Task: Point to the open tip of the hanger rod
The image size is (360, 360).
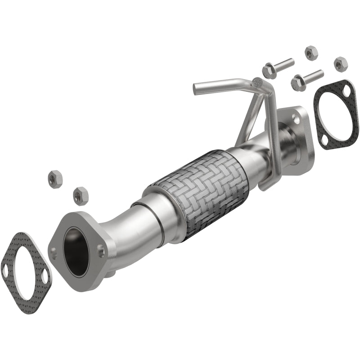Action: point(197,89)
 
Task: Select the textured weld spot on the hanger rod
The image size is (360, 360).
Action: point(258,82)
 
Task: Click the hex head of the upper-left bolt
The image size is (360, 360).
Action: point(269,71)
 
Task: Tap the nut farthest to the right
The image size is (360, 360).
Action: point(341,63)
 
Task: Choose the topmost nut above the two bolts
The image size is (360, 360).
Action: point(310,53)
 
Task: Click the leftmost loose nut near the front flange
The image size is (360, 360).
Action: point(55,179)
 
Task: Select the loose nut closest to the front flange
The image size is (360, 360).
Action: point(80,196)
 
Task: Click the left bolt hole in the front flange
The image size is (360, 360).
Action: point(54,251)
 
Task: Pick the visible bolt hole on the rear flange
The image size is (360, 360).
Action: point(295,118)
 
